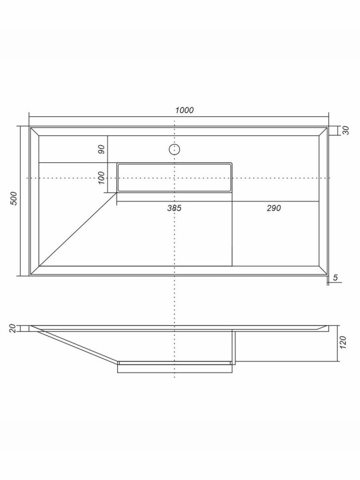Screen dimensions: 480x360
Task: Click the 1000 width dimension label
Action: pos(184,110)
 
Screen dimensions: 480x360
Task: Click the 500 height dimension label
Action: pos(14,198)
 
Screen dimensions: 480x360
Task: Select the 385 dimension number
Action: pos(174,208)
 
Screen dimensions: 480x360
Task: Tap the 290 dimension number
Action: pos(273,208)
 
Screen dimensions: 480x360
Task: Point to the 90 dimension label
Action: pos(101,149)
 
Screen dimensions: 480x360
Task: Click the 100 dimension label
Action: pos(101,177)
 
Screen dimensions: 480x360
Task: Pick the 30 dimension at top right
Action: pos(346,130)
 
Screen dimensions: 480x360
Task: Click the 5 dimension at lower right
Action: pos(335,278)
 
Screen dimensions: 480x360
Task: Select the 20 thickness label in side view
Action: pos(13,328)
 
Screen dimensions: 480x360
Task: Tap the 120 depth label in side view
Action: pos(344,342)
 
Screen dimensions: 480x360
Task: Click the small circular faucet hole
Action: pos(175,149)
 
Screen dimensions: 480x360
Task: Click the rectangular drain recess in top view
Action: pos(175,177)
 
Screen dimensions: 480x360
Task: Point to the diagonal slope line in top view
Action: pos(77,230)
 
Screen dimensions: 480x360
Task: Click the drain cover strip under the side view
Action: pos(175,368)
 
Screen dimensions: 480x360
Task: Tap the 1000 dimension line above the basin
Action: pos(124,117)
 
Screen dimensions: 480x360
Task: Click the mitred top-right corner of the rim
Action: pos(324,131)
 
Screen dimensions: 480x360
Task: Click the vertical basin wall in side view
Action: pos(234,346)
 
